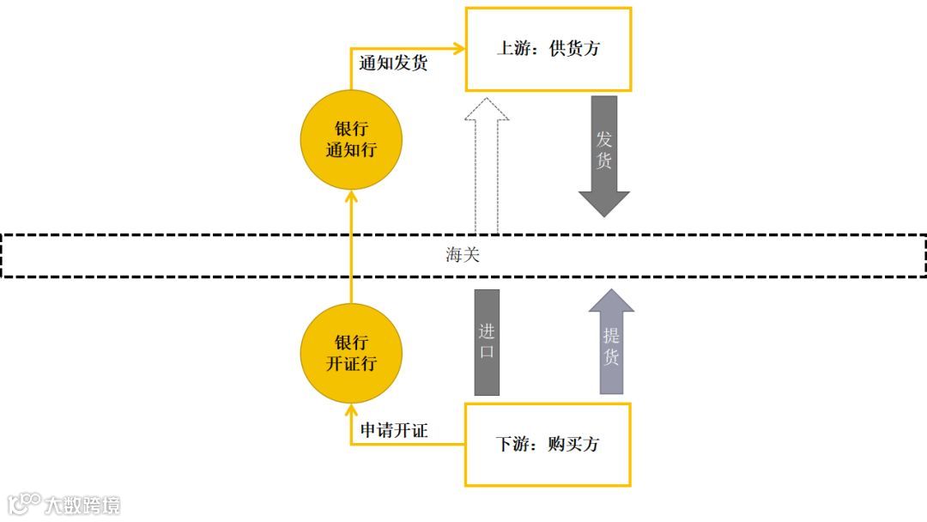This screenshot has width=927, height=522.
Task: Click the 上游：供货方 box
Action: point(548,49)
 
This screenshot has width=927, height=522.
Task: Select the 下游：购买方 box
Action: point(548,444)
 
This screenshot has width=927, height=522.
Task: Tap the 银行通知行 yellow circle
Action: point(351,140)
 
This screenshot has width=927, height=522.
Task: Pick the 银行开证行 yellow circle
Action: point(351,353)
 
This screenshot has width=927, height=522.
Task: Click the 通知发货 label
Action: point(393,64)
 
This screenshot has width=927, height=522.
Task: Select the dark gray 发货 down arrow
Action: point(604,155)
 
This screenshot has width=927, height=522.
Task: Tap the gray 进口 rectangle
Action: point(487,342)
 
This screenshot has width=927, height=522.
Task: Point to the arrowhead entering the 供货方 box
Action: point(458,49)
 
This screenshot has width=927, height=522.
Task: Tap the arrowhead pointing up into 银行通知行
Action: point(351,197)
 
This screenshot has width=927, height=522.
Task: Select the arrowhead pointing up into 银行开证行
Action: point(351,410)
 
